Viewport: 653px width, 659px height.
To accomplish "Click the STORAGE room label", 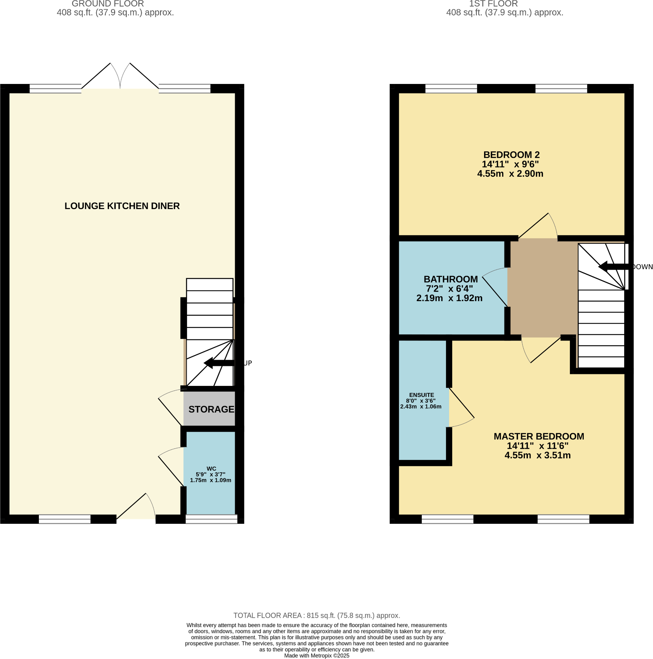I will (x=211, y=409).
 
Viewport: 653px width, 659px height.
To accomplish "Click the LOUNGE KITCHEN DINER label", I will (x=122, y=206).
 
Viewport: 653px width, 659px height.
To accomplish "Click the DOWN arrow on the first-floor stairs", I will (x=613, y=267).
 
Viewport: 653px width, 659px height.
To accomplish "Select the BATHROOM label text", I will (x=451, y=279).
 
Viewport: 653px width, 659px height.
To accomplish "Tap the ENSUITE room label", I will (x=421, y=395).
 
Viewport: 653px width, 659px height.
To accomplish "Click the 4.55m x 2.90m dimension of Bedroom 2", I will (x=510, y=174).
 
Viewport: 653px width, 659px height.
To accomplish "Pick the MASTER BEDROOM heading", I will (x=539, y=436).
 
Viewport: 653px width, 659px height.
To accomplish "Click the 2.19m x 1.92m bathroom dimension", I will (x=449, y=298).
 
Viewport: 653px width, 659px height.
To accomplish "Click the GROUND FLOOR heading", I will (x=108, y=4).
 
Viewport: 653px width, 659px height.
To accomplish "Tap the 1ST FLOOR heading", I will (x=493, y=4).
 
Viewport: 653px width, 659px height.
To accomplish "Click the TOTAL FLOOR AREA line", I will (x=316, y=615).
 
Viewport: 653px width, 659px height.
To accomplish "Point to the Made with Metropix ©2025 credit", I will (x=316, y=656).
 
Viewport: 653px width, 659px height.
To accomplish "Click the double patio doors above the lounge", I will (x=120, y=77).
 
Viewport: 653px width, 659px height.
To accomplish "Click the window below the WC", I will (x=211, y=519).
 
